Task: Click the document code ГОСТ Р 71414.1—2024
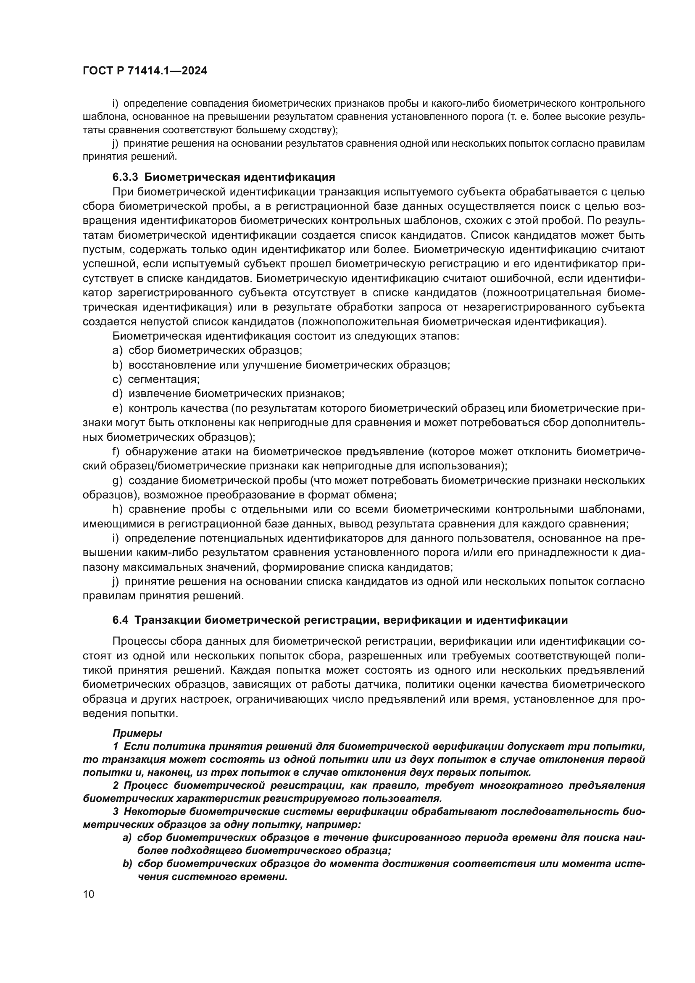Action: tap(145, 71)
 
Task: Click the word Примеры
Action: tap(137, 733)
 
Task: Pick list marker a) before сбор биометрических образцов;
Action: tap(118, 350)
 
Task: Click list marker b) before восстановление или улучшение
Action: tap(118, 365)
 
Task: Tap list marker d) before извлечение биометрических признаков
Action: tap(118, 393)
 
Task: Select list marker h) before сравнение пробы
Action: tap(118, 509)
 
